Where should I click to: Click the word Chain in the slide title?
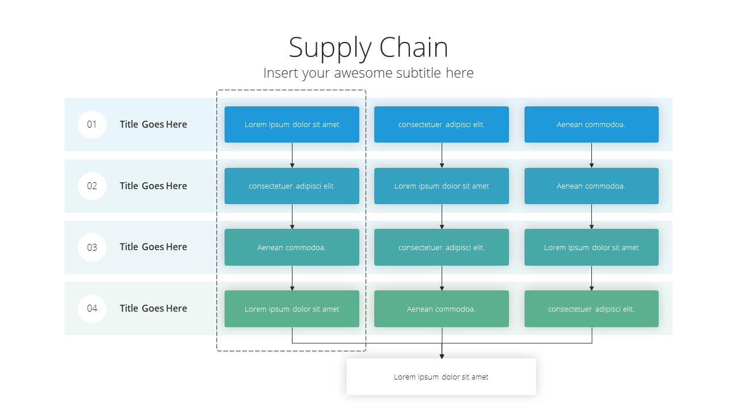tap(413, 47)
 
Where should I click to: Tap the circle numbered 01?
tap(92, 124)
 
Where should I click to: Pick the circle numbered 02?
tap(92, 186)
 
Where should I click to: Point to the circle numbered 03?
tap(92, 247)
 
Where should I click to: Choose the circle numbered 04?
tap(92, 308)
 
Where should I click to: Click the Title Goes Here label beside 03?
tap(153, 247)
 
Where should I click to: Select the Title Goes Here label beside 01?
tap(153, 124)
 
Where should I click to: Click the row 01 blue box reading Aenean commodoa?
tap(591, 124)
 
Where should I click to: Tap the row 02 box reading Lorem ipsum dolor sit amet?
tap(442, 186)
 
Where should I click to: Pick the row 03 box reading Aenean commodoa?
tap(292, 247)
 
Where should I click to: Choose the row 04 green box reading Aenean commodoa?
tap(442, 309)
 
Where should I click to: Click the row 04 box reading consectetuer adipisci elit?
tap(591, 309)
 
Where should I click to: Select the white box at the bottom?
tap(441, 377)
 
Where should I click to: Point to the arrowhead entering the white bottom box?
tap(442, 356)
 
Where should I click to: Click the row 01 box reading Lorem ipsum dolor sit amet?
tap(292, 124)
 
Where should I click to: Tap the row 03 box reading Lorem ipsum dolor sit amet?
tap(591, 247)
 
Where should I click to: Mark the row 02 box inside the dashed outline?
tap(292, 186)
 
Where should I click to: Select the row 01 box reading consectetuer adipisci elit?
tap(442, 124)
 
